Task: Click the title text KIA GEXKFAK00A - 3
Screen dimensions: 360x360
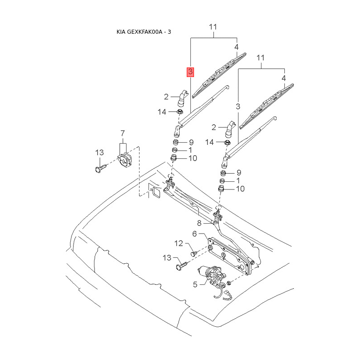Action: coord(144,32)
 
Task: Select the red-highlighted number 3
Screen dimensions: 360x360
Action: coord(191,72)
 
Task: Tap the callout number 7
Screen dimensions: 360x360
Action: coord(122,133)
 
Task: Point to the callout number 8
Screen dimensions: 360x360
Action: coord(198,223)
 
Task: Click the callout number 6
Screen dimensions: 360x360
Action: coord(195,234)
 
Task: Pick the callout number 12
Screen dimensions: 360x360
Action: coord(178,243)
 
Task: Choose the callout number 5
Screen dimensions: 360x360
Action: coord(195,284)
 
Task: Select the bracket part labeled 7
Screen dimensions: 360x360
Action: coord(124,160)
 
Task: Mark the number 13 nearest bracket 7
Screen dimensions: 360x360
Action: coord(99,153)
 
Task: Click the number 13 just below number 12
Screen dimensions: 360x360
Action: coord(167,257)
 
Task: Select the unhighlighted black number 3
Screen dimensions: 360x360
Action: coord(238,106)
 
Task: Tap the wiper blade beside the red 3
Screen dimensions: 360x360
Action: coord(219,75)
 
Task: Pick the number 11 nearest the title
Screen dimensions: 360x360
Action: coord(213,27)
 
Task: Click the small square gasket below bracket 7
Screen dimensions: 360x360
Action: coord(156,192)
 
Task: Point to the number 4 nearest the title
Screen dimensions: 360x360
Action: coord(236,46)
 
